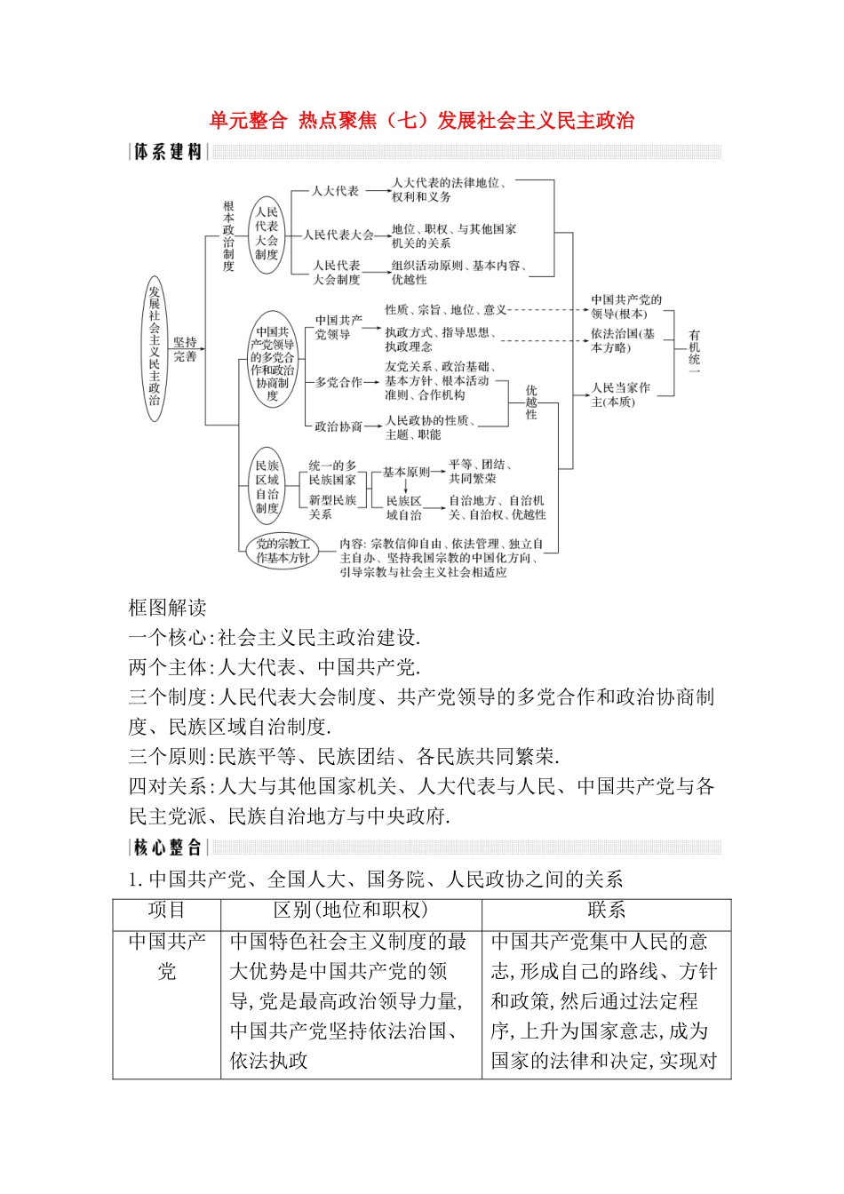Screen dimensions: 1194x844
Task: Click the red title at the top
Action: (x=422, y=121)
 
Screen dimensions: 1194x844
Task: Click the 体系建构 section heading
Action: (x=168, y=152)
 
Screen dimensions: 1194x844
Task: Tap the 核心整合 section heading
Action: (x=168, y=848)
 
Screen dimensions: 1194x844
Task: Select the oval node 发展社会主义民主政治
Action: (x=155, y=347)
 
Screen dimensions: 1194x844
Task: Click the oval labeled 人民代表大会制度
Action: (x=267, y=234)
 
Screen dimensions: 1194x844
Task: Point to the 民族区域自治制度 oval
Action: (x=267, y=487)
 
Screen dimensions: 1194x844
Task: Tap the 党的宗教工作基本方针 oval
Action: (x=283, y=551)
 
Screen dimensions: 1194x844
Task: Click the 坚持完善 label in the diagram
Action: (x=186, y=349)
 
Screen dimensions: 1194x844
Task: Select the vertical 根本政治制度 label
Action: (x=228, y=236)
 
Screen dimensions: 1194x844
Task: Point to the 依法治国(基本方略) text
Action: (x=624, y=340)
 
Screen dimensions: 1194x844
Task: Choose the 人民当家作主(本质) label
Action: (x=621, y=394)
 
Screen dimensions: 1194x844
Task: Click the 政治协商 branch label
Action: (x=338, y=426)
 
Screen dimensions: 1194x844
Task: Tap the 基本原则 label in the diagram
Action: (x=405, y=472)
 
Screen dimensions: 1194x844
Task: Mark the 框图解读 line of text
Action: (x=168, y=608)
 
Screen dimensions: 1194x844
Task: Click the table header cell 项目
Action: (x=167, y=911)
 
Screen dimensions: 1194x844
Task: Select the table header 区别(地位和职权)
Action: (x=351, y=911)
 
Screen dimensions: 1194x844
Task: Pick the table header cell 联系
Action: (x=606, y=911)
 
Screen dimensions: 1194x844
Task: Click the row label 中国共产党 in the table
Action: (x=167, y=956)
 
